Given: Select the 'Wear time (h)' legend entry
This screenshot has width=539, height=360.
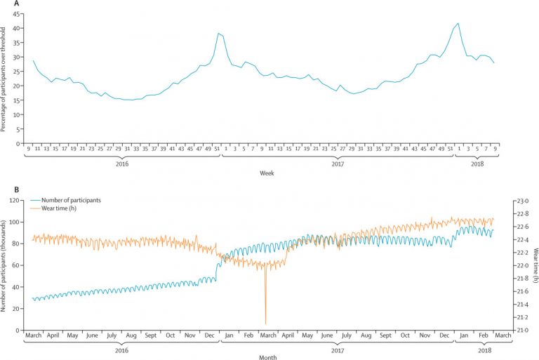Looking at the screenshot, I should pyautogui.click(x=63, y=208).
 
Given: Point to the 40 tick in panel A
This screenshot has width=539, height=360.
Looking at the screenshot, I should pyautogui.click(x=18, y=28).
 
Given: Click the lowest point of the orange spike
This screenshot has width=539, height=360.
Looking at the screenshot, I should pyautogui.click(x=265, y=324).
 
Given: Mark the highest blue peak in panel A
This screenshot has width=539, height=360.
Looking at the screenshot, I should pyautogui.click(x=458, y=23).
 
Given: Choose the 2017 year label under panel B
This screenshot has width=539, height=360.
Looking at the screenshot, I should pyautogui.click(x=338, y=348).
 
